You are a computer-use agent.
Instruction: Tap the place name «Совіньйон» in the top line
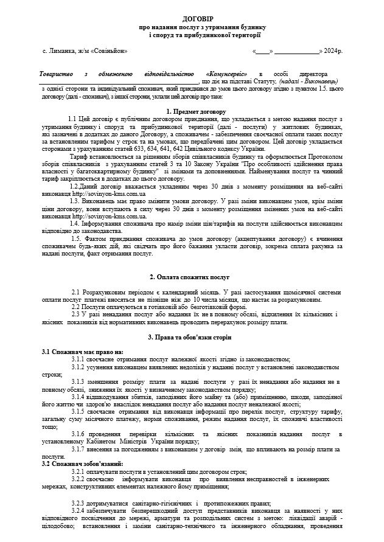[108, 52]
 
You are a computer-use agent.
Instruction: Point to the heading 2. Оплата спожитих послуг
[192, 277]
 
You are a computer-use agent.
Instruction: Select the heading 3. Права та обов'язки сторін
[192, 336]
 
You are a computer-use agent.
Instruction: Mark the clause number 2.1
[77, 293]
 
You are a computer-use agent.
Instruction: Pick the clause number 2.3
[77, 314]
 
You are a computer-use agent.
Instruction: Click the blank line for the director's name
[119, 80]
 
